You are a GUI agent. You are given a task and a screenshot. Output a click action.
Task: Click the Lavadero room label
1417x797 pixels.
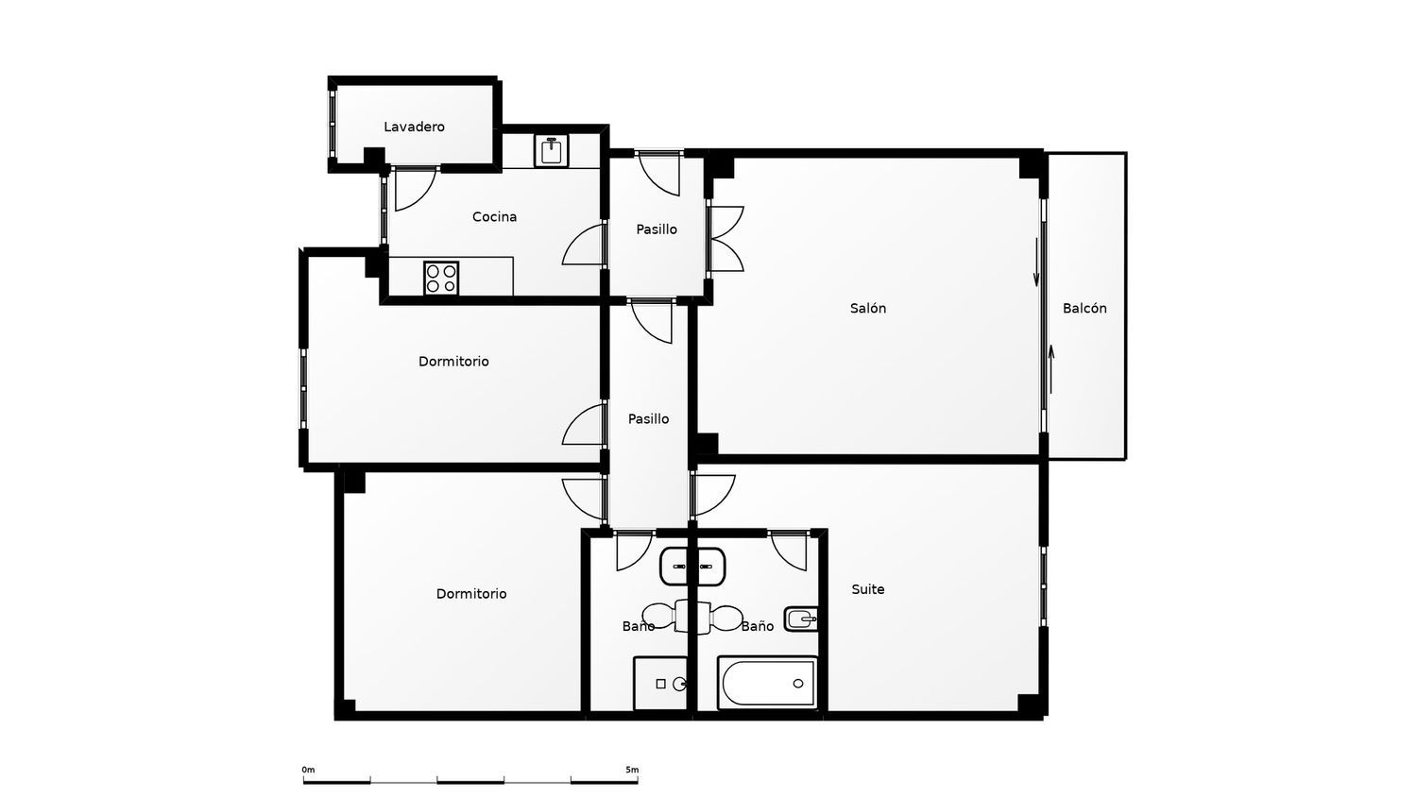click(414, 127)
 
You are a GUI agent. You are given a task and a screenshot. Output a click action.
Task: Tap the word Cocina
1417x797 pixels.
click(494, 217)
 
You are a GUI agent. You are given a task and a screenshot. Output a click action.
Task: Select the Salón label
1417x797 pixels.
click(867, 308)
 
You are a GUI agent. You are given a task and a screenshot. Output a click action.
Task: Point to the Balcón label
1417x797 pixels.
click(1084, 308)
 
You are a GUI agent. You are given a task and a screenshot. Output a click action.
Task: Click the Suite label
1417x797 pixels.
click(867, 589)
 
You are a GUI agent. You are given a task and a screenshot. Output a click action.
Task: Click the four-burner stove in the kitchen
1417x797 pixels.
click(441, 279)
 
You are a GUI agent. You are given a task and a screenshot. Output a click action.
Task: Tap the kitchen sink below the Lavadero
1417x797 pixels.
click(551, 150)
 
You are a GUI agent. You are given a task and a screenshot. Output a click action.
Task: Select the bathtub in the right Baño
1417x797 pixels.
click(767, 683)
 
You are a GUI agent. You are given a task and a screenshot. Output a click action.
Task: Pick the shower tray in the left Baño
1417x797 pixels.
click(660, 684)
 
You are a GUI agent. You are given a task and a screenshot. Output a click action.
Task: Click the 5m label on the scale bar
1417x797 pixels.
click(632, 770)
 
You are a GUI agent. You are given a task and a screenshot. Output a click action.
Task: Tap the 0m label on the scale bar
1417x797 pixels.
click(308, 770)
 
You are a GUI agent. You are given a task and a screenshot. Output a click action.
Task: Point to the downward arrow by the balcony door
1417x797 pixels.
click(1036, 262)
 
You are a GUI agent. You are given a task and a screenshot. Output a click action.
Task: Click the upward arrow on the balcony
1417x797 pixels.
click(1051, 369)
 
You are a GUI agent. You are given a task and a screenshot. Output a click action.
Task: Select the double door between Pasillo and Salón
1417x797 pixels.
click(725, 239)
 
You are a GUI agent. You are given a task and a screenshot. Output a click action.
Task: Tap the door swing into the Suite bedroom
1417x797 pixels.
click(713, 496)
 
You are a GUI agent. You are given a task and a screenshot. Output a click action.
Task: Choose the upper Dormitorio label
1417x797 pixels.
click(453, 361)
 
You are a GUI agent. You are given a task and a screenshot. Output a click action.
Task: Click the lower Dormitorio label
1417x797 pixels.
click(471, 594)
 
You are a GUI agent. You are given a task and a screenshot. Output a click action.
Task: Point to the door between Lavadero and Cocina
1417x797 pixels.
click(416, 189)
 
